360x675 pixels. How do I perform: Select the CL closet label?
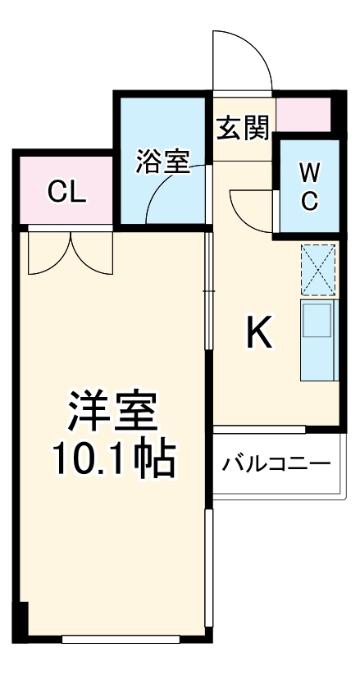point(66,192)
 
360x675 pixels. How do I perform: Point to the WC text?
point(309,185)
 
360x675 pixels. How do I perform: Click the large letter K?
point(258,332)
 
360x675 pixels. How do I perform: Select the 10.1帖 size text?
point(114,462)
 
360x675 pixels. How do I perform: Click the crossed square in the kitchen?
point(318,270)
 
